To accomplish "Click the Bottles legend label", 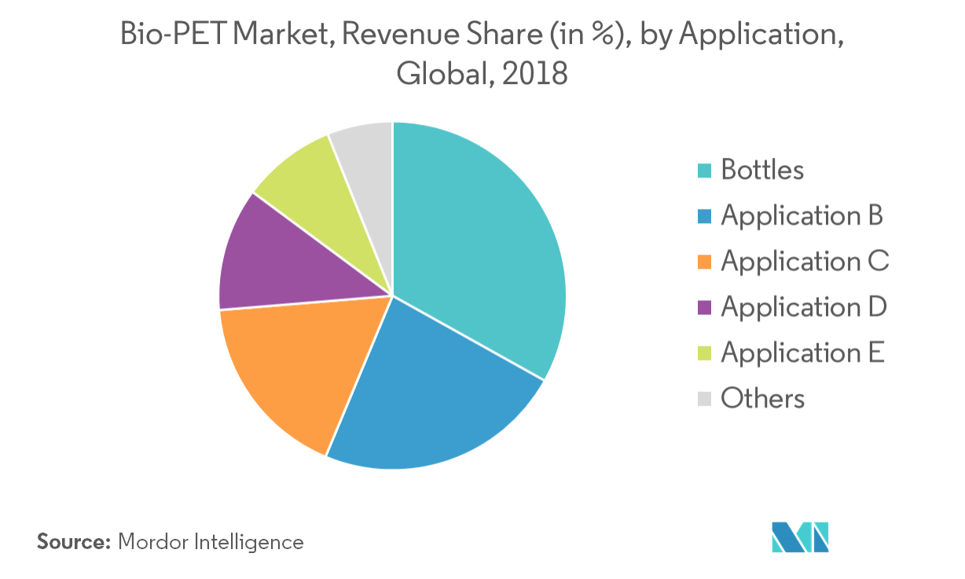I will pos(761,170).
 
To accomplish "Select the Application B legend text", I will pos(802,216).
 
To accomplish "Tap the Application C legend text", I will pos(805,262).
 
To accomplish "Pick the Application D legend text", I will pos(803,307).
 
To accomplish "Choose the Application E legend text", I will pos(802,353).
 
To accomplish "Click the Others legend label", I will pos(762,398).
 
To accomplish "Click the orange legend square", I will pos(704,262).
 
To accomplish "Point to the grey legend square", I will pos(704,399).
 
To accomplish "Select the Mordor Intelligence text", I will pos(210,541).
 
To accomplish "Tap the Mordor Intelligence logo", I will pos(799,536).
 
